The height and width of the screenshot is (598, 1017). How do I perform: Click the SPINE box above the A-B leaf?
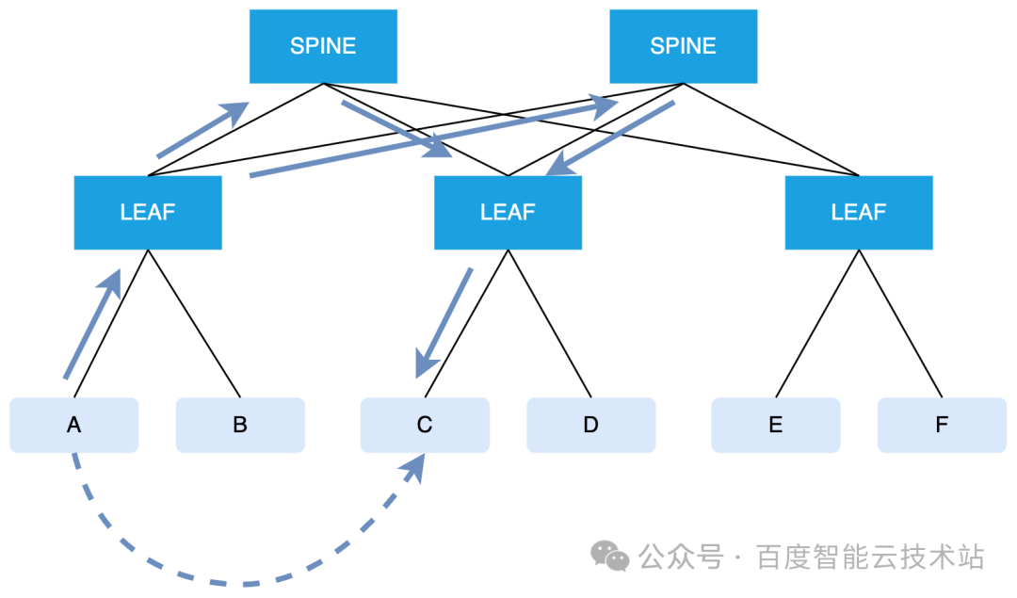(323, 46)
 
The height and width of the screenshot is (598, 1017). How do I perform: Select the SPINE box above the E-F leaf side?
(683, 46)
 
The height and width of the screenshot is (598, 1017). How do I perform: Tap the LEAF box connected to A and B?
(148, 212)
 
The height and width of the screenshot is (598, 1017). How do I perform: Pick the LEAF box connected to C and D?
(508, 212)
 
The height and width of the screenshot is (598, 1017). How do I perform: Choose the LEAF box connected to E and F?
(859, 212)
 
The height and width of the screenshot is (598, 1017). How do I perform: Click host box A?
(74, 425)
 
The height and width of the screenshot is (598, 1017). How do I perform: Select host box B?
(240, 425)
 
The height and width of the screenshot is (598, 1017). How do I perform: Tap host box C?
(425, 425)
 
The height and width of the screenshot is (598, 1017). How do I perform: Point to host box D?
(590, 425)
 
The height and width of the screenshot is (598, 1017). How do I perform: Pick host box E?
(776, 425)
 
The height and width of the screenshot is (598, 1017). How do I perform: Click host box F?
(942, 425)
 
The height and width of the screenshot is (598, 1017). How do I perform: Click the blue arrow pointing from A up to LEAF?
(92, 324)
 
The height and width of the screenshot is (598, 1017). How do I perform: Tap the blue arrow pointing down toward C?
(444, 323)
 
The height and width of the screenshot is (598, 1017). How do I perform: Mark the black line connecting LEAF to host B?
(194, 323)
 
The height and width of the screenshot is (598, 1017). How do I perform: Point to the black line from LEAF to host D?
(549, 323)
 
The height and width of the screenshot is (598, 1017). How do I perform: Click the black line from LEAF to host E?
(817, 323)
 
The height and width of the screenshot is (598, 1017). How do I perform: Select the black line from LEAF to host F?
(900, 323)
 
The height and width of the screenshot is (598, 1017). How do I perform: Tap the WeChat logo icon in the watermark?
(609, 557)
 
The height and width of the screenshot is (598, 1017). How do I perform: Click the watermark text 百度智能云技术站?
(870, 558)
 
